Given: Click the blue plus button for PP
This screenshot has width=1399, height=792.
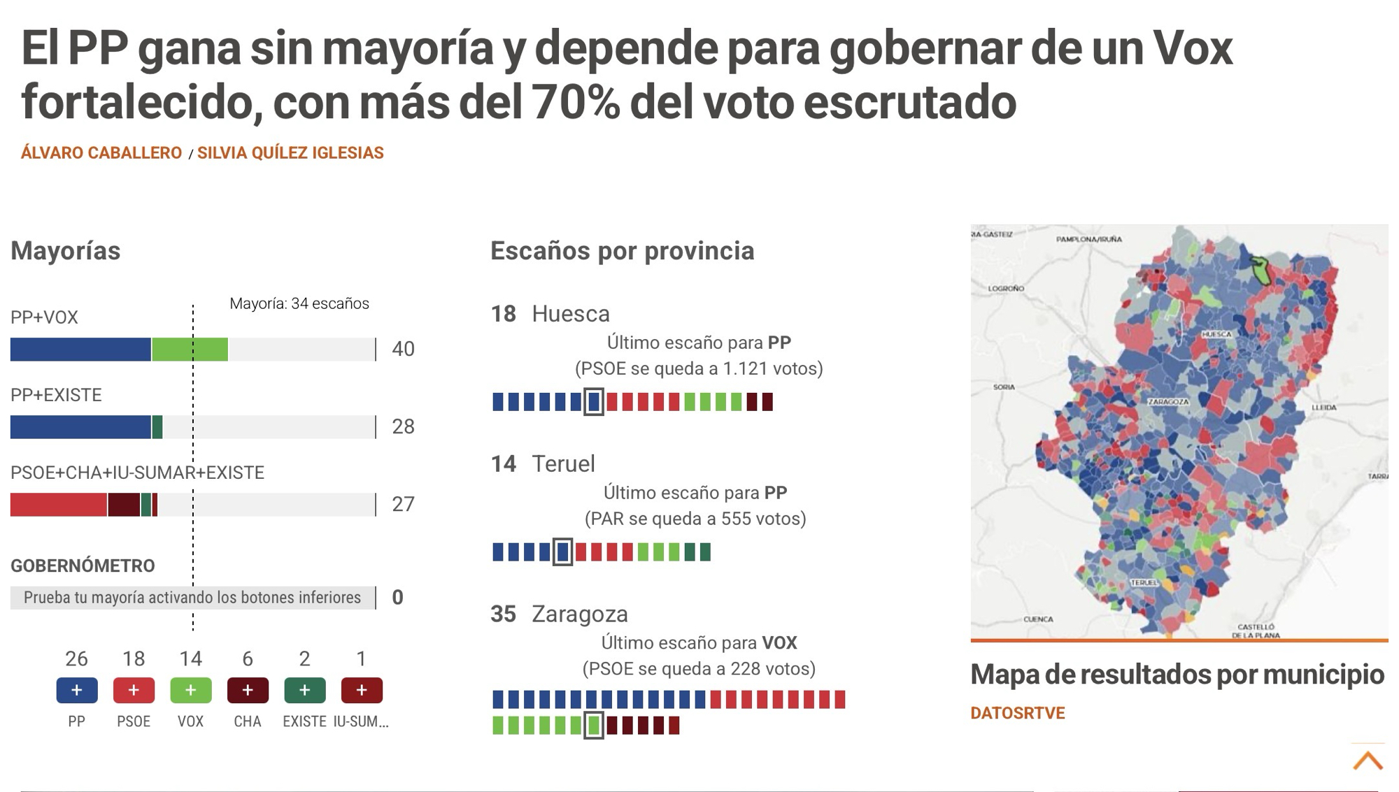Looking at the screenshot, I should click(x=77, y=691).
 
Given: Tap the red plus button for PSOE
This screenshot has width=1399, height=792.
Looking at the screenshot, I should click(x=134, y=691).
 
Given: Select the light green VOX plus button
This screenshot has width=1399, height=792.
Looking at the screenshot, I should click(x=190, y=691).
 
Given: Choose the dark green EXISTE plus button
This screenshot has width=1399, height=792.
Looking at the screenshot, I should click(x=304, y=691).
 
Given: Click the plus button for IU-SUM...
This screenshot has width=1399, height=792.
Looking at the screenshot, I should click(x=361, y=691).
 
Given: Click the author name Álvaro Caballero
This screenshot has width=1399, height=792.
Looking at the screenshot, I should click(x=101, y=153).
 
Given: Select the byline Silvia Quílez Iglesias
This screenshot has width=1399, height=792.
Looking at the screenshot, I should click(x=290, y=153).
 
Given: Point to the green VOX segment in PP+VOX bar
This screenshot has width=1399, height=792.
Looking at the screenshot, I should click(x=190, y=350).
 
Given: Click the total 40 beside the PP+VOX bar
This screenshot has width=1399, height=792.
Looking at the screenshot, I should click(x=403, y=349).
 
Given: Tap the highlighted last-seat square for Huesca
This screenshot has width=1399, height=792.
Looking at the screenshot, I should click(x=593, y=402).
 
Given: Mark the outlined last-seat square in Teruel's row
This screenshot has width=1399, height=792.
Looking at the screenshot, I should click(x=562, y=552).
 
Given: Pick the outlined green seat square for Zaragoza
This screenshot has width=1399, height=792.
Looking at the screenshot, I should click(x=593, y=726).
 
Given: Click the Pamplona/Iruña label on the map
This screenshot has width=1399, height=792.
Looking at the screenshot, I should click(x=1088, y=239).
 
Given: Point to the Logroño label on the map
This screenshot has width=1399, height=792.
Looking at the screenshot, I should click(x=1006, y=288).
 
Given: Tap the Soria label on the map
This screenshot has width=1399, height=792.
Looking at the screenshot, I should click(x=1004, y=387).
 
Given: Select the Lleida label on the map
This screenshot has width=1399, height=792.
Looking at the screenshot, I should click(x=1323, y=407).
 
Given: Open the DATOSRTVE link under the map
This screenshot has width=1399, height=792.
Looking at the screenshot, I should click(x=1017, y=713).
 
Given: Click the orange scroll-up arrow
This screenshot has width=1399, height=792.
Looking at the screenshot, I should click(x=1368, y=761).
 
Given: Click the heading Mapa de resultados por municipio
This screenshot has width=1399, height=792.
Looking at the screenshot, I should click(x=1177, y=675).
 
